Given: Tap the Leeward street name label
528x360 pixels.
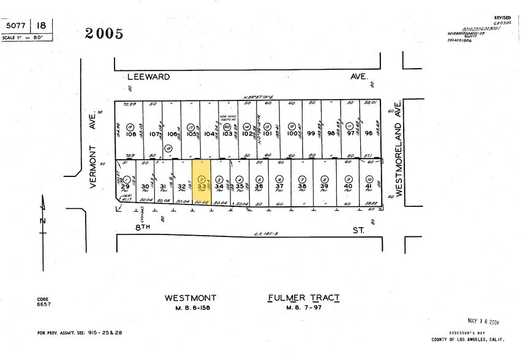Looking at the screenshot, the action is tap(148, 78).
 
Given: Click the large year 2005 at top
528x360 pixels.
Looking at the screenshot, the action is tap(104, 34).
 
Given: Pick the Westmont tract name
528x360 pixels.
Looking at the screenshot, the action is tap(189, 298).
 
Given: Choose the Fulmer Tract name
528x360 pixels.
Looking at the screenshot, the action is tap(304, 298).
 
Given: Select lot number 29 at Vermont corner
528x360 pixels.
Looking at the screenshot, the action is tap(125, 186).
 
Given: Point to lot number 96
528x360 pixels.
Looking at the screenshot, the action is tap(369, 133).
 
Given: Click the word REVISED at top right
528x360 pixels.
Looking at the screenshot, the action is tap(502, 18).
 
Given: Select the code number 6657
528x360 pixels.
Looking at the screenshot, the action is tap(43, 304).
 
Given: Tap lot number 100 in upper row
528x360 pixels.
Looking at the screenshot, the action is tap(292, 133).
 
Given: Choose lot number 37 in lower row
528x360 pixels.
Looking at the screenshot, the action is tap(279, 186).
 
